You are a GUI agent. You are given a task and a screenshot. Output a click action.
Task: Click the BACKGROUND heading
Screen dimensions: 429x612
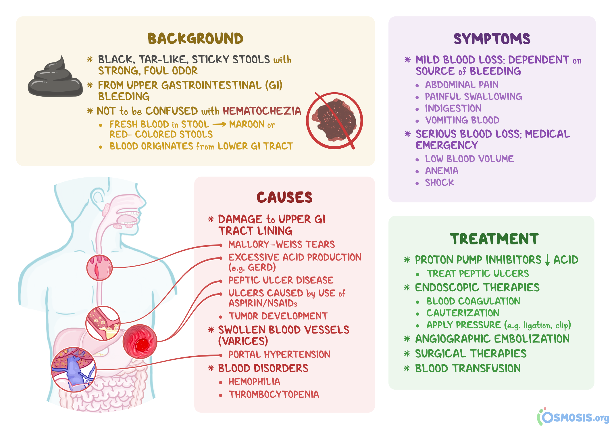coord(195,39)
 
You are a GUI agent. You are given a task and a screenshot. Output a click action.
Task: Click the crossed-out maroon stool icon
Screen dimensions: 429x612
coord(334,120)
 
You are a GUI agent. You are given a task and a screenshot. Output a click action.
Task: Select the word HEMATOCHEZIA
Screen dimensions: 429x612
coord(262,111)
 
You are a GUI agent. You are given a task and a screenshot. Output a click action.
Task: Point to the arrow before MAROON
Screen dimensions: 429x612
coord(219,125)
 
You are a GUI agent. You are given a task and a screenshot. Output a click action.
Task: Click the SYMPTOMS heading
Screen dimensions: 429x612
coord(492,39)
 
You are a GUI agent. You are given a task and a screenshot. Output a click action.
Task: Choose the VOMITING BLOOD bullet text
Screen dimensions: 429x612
coord(462,120)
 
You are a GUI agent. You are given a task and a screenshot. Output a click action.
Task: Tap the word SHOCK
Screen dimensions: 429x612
coord(439,183)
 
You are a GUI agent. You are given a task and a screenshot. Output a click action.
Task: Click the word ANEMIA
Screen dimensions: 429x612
coord(442,171)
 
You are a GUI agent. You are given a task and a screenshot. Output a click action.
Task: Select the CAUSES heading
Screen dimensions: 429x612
coord(284,198)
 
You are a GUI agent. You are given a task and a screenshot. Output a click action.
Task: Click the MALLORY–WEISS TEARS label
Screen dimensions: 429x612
coord(281,244)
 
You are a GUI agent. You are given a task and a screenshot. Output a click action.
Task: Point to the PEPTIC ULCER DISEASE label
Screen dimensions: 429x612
coord(280,280)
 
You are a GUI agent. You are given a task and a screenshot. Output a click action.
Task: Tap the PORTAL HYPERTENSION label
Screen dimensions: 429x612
coord(279,355)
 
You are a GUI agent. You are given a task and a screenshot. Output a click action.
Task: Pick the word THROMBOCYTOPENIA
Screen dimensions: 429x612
coord(274,394)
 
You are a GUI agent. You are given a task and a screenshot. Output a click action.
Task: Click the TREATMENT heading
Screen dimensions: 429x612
coord(494,239)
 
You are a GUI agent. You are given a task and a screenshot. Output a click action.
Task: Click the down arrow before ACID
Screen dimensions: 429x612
coord(547,260)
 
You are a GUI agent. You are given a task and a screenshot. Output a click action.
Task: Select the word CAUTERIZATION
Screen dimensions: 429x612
coord(463,313)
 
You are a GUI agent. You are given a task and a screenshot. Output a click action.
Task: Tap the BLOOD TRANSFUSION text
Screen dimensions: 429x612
coord(467,368)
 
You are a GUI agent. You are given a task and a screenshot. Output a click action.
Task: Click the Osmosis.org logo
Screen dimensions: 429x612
coord(573,417)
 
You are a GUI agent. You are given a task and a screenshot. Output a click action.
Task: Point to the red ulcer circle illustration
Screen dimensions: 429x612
coord(140,342)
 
